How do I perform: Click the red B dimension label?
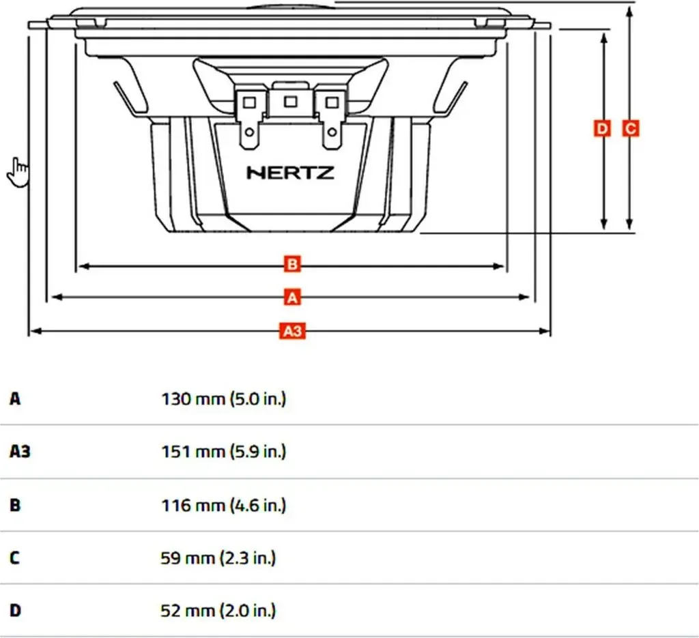click(x=292, y=264)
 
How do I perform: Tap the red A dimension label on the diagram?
click(x=292, y=298)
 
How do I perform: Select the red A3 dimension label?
click(x=292, y=331)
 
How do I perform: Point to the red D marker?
click(x=602, y=128)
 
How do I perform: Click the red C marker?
click(x=630, y=128)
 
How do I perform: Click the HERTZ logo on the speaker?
click(x=290, y=173)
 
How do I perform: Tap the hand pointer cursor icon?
click(x=18, y=172)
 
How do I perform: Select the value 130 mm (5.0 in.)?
click(x=223, y=398)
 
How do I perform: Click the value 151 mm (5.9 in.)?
click(x=223, y=452)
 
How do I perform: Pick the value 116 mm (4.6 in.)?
click(x=223, y=505)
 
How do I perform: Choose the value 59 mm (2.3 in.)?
click(x=218, y=557)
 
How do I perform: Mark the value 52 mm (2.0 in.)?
click(x=218, y=611)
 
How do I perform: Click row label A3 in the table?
click(x=20, y=452)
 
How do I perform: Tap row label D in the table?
click(x=15, y=611)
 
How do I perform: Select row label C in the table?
click(x=15, y=557)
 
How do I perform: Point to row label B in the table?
click(x=15, y=505)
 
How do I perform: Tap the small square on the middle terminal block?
click(x=291, y=102)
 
